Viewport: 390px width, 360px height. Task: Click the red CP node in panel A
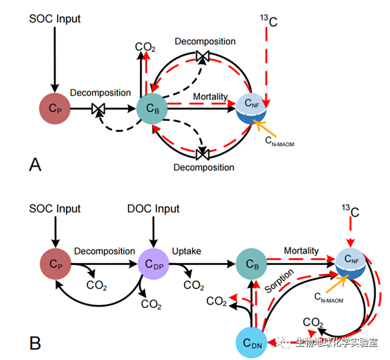pos(55,108)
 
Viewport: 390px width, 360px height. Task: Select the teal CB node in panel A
pos(152,108)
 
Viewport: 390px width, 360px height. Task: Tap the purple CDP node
pos(153,264)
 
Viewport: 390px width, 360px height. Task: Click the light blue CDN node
pos(251,342)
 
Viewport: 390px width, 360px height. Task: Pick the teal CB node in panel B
pos(251,264)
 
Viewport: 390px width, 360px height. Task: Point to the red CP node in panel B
pos(56,264)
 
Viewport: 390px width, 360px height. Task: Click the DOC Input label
pos(153,209)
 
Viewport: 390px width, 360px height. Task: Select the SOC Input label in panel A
pos(55,19)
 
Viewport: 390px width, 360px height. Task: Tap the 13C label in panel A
pos(269,20)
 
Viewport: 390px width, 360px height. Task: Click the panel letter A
pos(35,165)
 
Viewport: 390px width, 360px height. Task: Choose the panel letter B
pos(35,343)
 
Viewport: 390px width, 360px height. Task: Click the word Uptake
pos(187,252)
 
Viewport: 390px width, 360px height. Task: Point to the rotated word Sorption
pos(279,281)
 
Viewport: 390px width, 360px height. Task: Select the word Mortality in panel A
pos(210,96)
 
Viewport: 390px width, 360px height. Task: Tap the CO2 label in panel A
pos(145,47)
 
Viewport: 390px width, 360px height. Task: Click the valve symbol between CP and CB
pos(99,108)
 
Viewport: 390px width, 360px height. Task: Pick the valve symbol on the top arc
pos(203,56)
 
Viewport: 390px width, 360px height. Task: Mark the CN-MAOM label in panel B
pos(329,297)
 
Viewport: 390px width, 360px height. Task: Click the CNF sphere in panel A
pos(251,108)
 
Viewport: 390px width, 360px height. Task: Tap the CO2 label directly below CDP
pos(151,304)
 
